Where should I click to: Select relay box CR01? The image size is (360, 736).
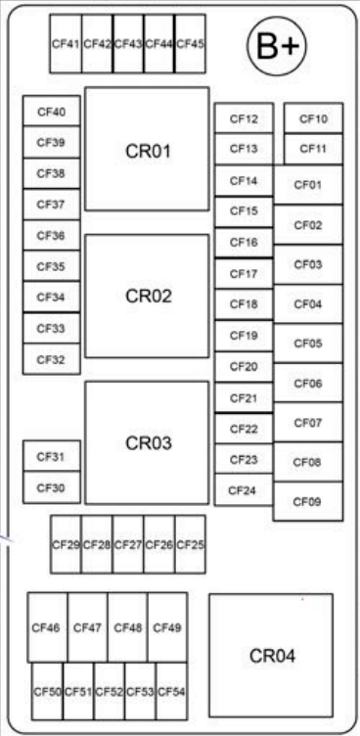pyautogui.click(x=147, y=151)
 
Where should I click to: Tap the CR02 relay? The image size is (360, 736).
pyautogui.click(x=147, y=297)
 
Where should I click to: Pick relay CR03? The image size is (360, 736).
pyautogui.click(x=147, y=442)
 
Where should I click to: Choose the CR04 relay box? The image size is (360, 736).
pyautogui.click(x=271, y=655)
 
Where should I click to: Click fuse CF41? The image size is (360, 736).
pyautogui.click(x=66, y=44)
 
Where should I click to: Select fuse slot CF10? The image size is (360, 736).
pyautogui.click(x=313, y=118)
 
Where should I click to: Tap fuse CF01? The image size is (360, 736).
pyautogui.click(x=308, y=184)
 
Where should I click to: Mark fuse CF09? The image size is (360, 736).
pyautogui.click(x=308, y=501)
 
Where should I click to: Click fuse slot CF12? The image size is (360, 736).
pyautogui.click(x=245, y=119)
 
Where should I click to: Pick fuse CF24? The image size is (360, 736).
pyautogui.click(x=245, y=490)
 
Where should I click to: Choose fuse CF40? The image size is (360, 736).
pyautogui.click(x=51, y=112)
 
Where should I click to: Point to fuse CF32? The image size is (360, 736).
pyautogui.click(x=51, y=359)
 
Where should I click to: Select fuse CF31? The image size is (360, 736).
pyautogui.click(x=51, y=456)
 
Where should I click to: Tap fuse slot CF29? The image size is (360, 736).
pyautogui.click(x=66, y=544)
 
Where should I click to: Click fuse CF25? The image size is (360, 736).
pyautogui.click(x=190, y=544)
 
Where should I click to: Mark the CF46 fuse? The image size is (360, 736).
pyautogui.click(x=47, y=627)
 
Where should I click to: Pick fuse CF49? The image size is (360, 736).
pyautogui.click(x=167, y=627)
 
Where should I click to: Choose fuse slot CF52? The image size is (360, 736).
pyautogui.click(x=110, y=692)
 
